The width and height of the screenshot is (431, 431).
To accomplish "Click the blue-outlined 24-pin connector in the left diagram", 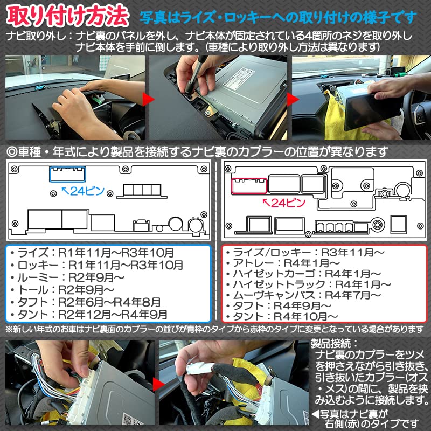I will click(67, 174).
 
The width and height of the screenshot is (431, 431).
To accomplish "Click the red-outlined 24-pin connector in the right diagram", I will click(249, 185).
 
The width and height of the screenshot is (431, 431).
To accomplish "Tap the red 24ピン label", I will click(284, 203).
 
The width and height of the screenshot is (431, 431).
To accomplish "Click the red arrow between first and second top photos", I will click(147, 99).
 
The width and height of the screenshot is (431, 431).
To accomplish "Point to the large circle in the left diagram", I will click(176, 224).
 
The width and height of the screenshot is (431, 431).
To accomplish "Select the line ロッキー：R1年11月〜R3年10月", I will click(100, 265).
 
